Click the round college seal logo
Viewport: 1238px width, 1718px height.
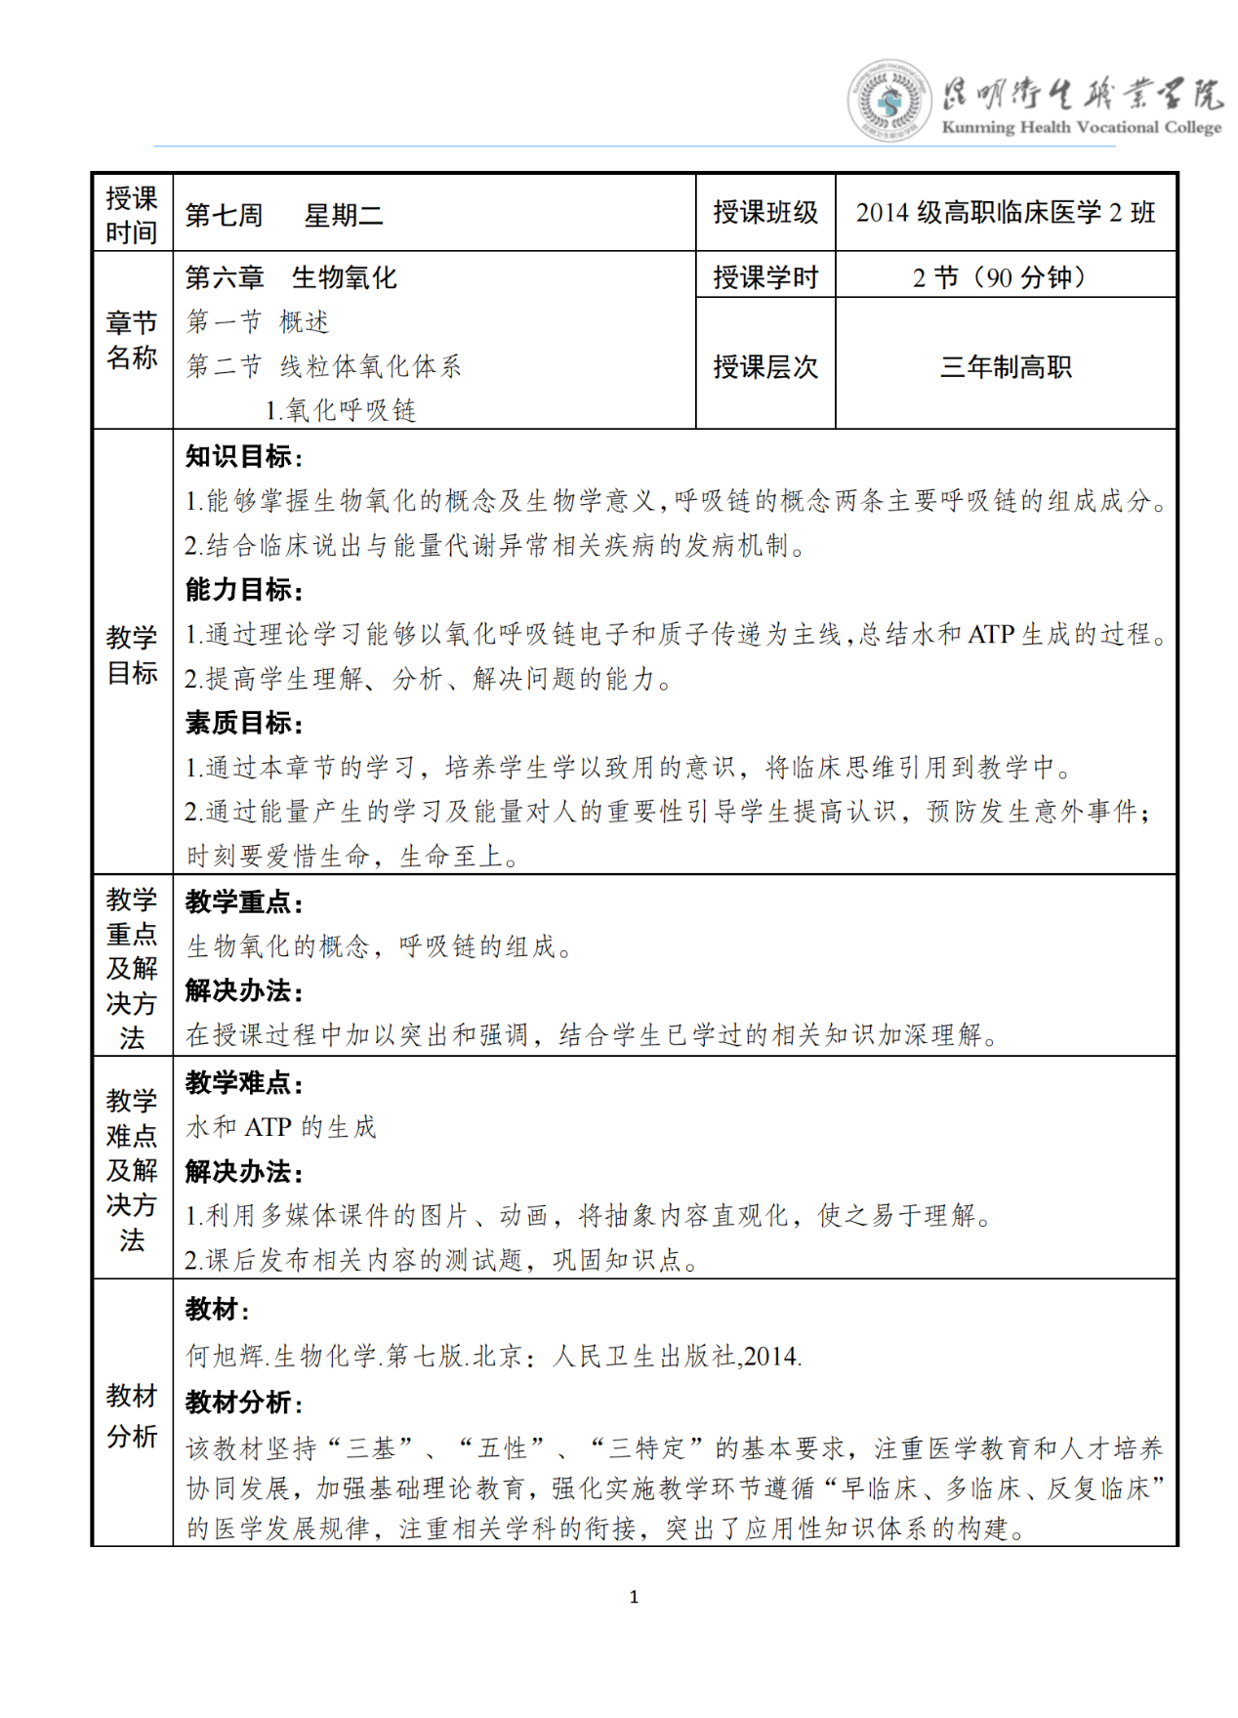pyautogui.click(x=887, y=101)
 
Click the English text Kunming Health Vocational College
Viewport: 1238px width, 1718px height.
pyautogui.click(x=1081, y=127)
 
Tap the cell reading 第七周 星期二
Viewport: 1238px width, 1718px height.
pyautogui.click(x=284, y=215)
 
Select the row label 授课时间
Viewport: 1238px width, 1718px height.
pyautogui.click(x=132, y=215)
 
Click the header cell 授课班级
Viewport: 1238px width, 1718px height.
pyautogui.click(x=765, y=213)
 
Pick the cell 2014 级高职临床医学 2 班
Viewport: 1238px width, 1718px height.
pyautogui.click(x=1006, y=213)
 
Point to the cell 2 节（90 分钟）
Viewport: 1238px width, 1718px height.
pyautogui.click(x=1006, y=277)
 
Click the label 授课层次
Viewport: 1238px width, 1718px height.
pyautogui.click(x=765, y=367)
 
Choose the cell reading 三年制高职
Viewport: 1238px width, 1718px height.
pyautogui.click(x=1006, y=367)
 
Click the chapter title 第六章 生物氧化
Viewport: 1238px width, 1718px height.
pyautogui.click(x=291, y=277)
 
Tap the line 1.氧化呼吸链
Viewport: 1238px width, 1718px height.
pyautogui.click(x=341, y=410)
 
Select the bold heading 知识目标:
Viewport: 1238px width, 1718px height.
pyautogui.click(x=244, y=456)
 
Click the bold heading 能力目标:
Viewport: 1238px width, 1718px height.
pyautogui.click(x=244, y=590)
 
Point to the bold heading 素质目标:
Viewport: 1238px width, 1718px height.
pyautogui.click(x=244, y=723)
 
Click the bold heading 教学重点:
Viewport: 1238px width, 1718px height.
pyautogui.click(x=244, y=901)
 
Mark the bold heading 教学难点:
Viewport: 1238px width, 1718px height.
pyautogui.click(x=244, y=1082)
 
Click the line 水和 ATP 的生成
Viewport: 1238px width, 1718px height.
pyautogui.click(x=281, y=1127)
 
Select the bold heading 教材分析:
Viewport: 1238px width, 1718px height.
pyautogui.click(x=244, y=1403)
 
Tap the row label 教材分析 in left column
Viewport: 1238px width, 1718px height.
pyautogui.click(x=132, y=1415)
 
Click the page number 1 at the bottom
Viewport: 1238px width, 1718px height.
pyautogui.click(x=634, y=1597)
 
